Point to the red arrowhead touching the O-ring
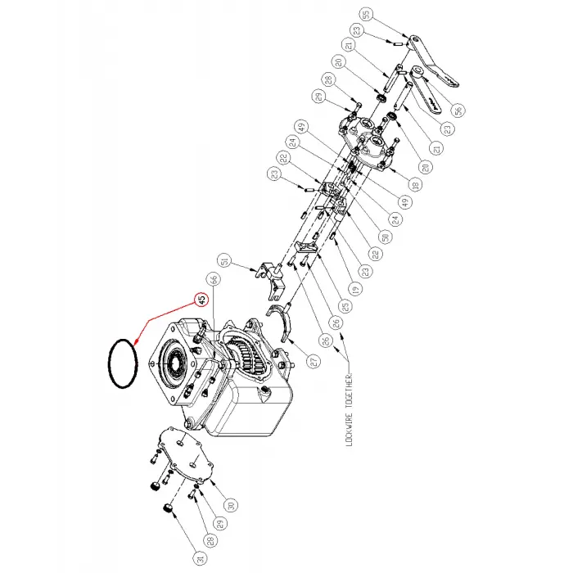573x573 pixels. tap(136, 339)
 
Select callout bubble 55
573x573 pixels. tap(366, 14)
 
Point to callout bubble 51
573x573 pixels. tap(227, 263)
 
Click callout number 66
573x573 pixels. tap(214, 279)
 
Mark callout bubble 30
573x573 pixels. tap(232, 505)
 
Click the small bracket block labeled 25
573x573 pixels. tap(309, 249)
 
